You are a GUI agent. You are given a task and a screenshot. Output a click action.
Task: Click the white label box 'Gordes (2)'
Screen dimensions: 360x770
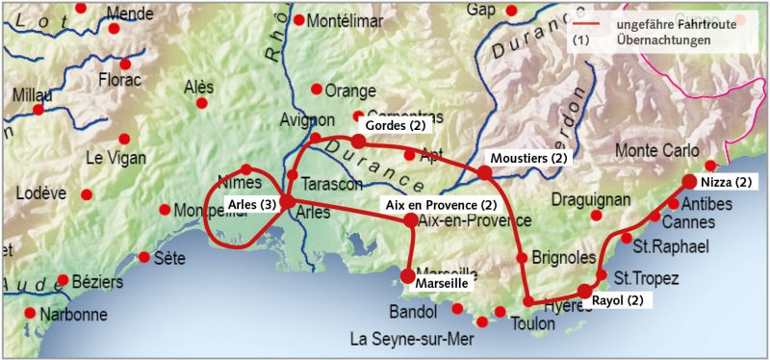pyautogui.click(x=393, y=126)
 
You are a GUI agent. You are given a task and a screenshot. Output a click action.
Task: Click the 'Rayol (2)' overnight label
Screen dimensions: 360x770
pyautogui.click(x=622, y=300)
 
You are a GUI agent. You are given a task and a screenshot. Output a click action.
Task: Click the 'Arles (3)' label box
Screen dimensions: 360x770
pyautogui.click(x=255, y=203)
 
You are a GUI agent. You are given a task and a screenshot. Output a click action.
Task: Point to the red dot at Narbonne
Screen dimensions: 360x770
pyautogui.click(x=30, y=314)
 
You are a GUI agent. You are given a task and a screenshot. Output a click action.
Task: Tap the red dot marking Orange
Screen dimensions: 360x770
pyautogui.click(x=316, y=89)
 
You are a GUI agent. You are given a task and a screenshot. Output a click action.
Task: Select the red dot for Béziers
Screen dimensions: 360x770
pyautogui.click(x=64, y=280)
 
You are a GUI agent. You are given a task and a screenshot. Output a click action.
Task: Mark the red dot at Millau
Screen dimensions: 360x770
pyautogui.click(x=38, y=110)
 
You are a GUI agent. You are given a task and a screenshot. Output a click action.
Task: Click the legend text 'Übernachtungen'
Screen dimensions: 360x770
pyautogui.click(x=663, y=40)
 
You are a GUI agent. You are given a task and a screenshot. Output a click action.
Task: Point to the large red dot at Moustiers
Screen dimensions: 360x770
pyautogui.click(x=484, y=172)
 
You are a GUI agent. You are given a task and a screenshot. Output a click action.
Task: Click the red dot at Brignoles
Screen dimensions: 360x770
pyautogui.click(x=523, y=258)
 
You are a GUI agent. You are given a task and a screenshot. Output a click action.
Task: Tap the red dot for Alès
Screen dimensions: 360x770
pyautogui.click(x=201, y=103)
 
